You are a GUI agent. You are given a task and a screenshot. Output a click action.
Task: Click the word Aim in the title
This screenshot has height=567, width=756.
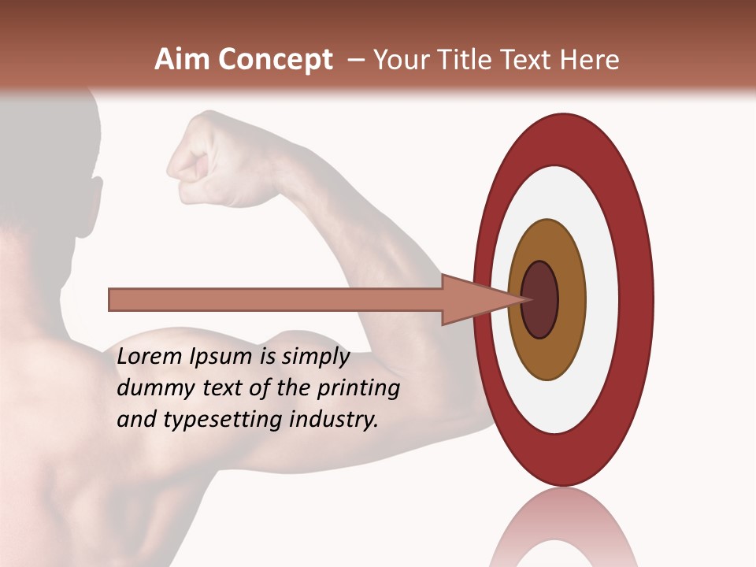click(183, 60)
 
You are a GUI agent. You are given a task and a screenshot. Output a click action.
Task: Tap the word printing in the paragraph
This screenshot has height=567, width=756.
click(358, 388)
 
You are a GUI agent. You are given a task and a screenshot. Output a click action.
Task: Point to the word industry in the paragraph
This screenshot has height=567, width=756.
click(334, 420)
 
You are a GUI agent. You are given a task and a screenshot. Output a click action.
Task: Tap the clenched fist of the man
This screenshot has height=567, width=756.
click(197, 157)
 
